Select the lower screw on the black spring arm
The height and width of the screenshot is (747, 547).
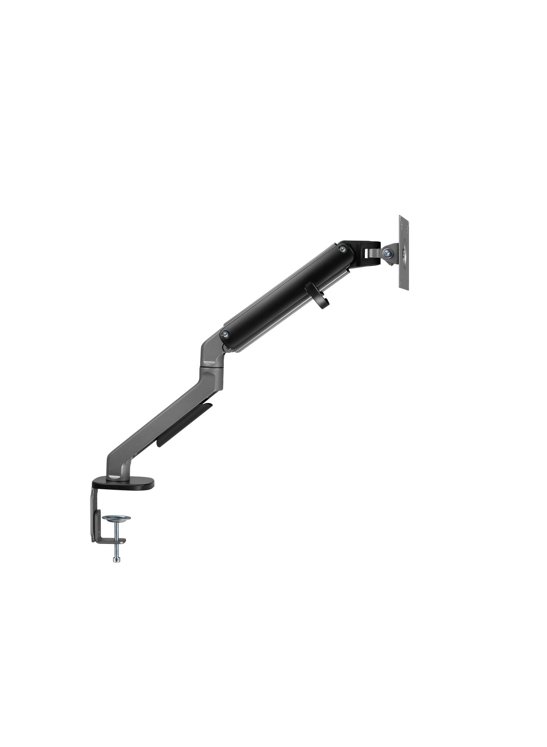pos(225,334)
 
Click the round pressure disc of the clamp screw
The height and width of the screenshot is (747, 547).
pos(116,519)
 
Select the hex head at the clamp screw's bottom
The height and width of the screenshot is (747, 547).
pos(116,560)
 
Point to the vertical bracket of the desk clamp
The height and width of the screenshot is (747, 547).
pos(94,516)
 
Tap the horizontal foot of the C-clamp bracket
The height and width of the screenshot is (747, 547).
pos(111,541)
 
